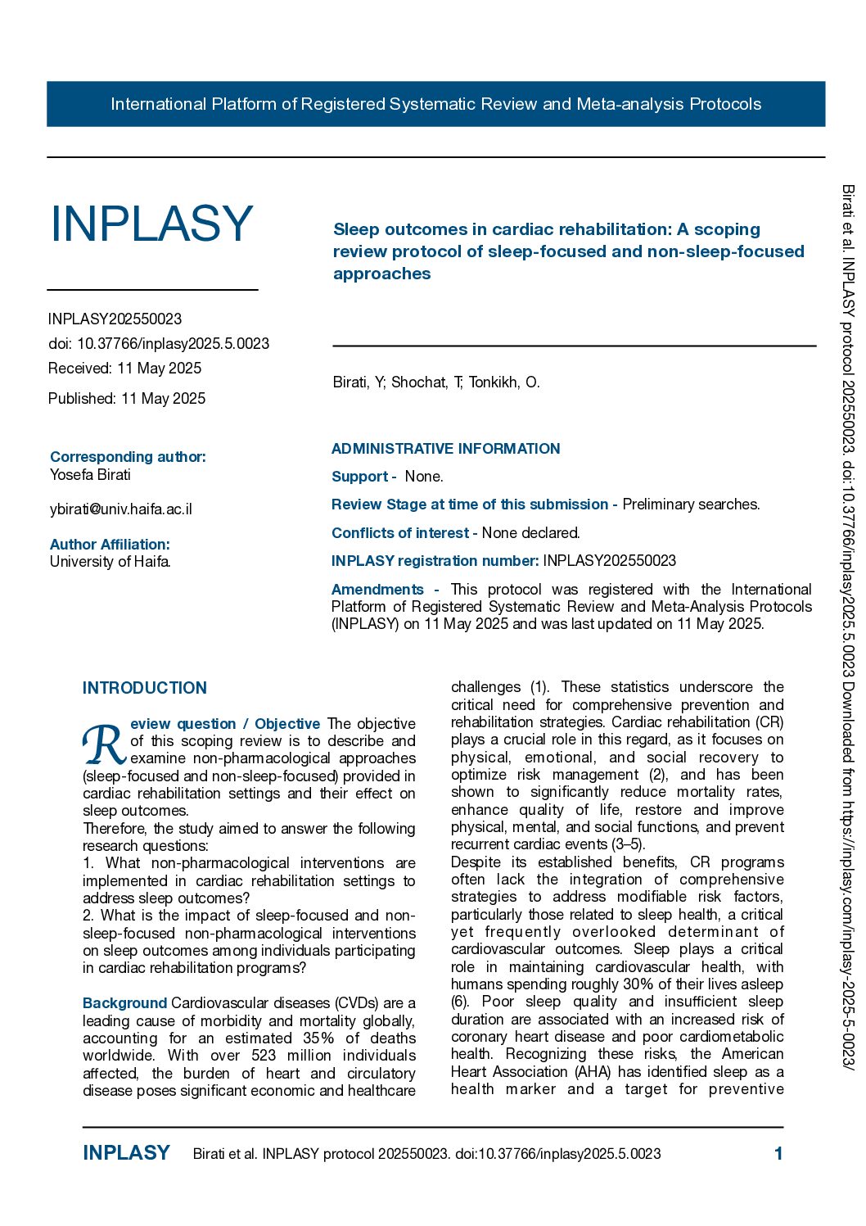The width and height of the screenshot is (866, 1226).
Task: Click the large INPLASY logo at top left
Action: [x=152, y=224]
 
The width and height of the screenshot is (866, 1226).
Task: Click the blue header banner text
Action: [x=435, y=104]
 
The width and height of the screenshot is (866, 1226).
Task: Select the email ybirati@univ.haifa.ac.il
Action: [x=121, y=509]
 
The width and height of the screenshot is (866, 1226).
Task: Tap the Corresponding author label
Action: [x=128, y=457]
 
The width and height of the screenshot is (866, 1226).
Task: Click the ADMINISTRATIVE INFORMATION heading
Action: [x=445, y=449]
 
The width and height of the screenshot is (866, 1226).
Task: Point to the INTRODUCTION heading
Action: [x=145, y=688]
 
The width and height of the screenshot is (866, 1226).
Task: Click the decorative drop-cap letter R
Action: [x=104, y=744]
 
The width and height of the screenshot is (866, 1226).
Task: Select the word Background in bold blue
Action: [x=124, y=1003]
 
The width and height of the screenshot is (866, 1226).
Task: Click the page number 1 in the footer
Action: [x=778, y=1154]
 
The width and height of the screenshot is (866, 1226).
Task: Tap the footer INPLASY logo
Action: [x=126, y=1153]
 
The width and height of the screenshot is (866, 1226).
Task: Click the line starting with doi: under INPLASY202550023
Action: [x=159, y=344]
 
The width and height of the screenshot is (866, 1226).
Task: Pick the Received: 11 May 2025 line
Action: [x=124, y=369]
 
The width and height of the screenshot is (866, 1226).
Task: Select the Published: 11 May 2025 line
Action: [x=127, y=399]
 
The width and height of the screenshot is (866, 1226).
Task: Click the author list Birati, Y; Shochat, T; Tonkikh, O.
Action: [x=436, y=382]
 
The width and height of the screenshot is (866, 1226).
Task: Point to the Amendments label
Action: [x=377, y=590]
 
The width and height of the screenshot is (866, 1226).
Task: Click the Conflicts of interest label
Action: [x=399, y=533]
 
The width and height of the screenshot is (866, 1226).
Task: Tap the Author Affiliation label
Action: [x=110, y=545]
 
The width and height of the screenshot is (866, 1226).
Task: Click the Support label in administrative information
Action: [x=360, y=477]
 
